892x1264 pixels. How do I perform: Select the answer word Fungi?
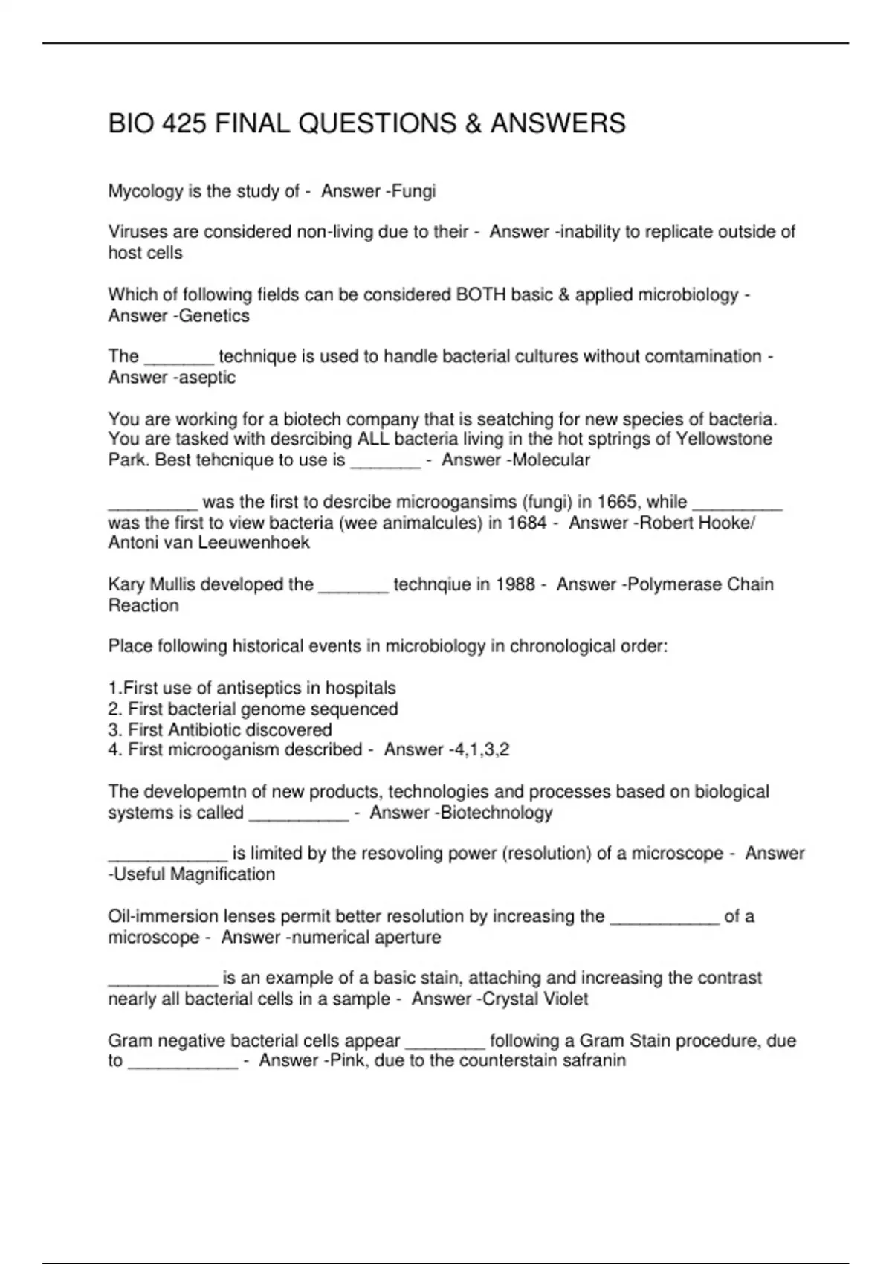(414, 192)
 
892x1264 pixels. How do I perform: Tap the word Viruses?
(136, 232)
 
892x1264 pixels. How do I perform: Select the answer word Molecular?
(551, 460)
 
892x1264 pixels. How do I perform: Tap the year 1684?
(527, 523)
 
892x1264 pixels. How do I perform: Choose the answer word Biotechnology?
(497, 813)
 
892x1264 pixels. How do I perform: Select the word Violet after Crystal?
(562, 999)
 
